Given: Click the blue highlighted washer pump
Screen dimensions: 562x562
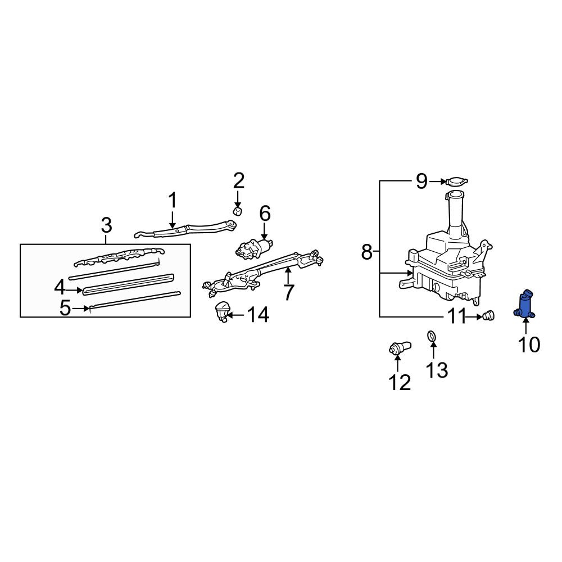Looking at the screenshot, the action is point(524,304).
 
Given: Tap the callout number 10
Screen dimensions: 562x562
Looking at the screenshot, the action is point(529,345).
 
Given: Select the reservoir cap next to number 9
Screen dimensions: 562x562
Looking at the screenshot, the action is point(456,182).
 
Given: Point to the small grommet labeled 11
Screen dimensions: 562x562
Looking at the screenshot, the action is point(488,316).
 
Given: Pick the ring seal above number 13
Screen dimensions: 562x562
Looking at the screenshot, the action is point(432,336).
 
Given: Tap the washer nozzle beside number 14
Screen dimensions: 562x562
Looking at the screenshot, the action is point(222,311).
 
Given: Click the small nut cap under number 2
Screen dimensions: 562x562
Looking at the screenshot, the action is point(237,211).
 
